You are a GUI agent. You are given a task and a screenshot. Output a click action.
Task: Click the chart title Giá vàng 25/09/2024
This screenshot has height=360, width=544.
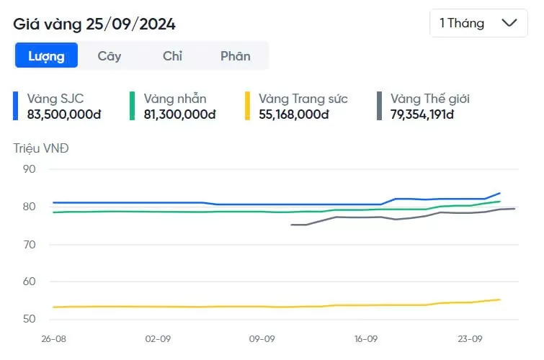94,24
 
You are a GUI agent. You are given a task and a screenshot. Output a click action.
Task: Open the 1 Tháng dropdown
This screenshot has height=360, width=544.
478,23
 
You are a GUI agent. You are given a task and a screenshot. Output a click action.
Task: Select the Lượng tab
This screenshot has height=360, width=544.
46,56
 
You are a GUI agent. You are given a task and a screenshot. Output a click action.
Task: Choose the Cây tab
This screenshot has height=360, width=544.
110,56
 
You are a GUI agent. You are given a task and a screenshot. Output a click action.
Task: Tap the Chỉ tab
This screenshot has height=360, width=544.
172,56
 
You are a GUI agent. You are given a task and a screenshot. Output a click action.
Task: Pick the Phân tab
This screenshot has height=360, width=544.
236,56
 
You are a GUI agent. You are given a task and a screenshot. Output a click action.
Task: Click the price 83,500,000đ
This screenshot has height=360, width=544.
64,114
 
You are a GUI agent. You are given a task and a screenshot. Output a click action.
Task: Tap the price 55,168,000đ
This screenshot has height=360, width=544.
294,114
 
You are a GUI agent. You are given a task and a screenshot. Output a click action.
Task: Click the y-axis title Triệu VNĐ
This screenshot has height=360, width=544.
40,149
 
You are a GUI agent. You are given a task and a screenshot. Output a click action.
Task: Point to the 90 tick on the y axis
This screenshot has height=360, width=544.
30,169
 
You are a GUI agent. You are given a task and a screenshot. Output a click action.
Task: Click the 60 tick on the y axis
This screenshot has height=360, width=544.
30,282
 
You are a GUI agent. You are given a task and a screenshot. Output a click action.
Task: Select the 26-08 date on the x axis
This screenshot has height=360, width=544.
54,339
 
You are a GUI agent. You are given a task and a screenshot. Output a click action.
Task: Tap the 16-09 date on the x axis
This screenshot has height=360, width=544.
367,339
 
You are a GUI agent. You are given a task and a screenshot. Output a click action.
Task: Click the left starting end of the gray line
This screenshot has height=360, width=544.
291,225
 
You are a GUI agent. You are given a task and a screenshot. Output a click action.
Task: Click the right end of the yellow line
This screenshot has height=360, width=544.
500,300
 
